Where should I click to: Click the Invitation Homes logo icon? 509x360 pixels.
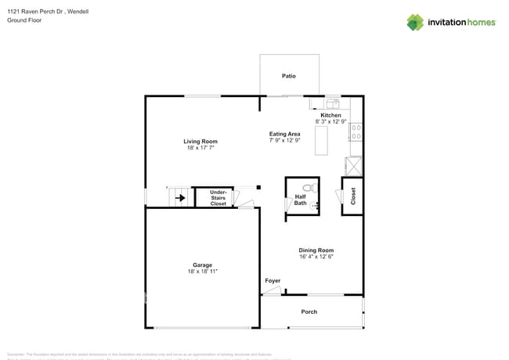coord(414,23)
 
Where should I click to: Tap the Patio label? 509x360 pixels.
coord(289,76)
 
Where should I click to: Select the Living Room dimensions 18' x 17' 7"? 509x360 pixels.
coord(200,147)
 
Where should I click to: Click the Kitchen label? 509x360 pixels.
coord(330,115)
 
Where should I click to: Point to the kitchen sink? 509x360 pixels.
coord(332,103)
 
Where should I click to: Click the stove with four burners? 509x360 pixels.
coord(356,132)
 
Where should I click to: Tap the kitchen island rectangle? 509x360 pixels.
coord(321,141)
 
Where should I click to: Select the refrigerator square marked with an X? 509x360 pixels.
coord(354,166)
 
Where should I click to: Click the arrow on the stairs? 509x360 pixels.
coord(180,198)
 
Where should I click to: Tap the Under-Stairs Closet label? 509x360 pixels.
coord(218,198)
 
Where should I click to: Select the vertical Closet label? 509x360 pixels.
coord(353,196)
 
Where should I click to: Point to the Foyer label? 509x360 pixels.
coord(272,280)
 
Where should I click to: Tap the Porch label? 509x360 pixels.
coord(309,311)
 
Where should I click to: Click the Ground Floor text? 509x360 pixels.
coord(24,20)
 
